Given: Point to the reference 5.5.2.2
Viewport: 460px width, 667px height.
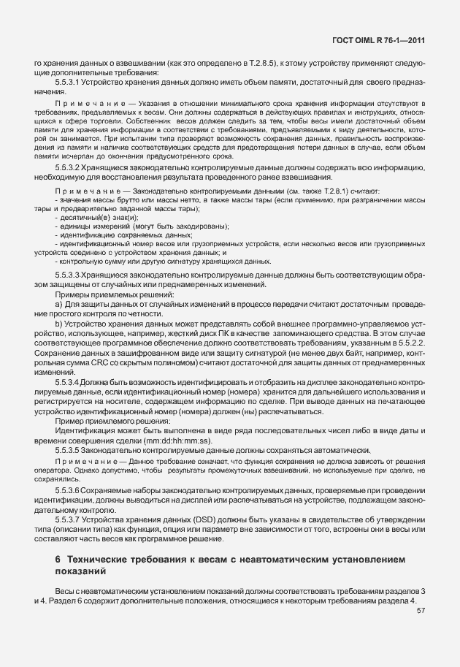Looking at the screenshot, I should [406, 342].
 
